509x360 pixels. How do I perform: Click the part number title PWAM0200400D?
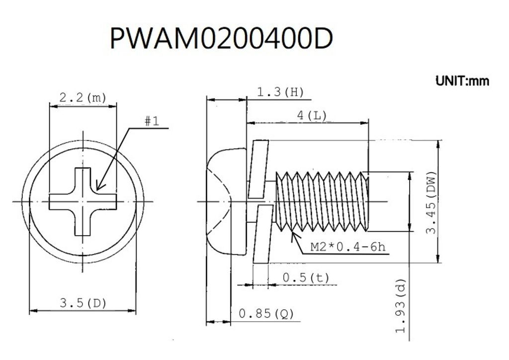220,38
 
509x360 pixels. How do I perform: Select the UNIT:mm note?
462,81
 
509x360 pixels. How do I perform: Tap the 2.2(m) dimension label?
83,98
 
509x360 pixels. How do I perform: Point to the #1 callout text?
152,121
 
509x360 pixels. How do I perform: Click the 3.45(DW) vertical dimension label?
431,202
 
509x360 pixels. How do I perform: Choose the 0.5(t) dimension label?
305,278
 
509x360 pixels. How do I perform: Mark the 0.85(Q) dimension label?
266,314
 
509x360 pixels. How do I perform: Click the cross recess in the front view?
83,201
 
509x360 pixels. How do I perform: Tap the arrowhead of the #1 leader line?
97,189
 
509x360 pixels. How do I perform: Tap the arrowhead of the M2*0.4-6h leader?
294,232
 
